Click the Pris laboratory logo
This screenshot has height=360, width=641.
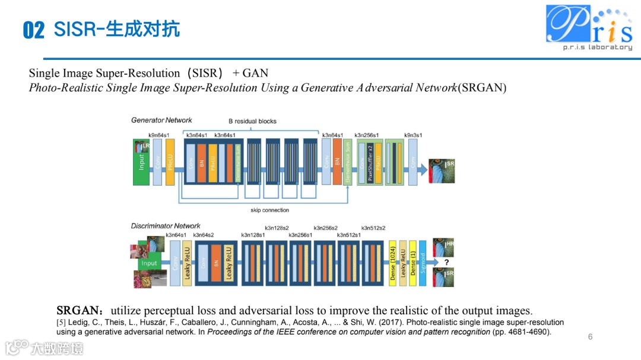(x=589, y=27)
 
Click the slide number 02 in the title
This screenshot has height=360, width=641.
(x=34, y=30)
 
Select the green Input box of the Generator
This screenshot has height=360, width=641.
(x=141, y=162)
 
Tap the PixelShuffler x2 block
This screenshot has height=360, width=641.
(x=370, y=162)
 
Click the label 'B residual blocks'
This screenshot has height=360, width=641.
(x=253, y=121)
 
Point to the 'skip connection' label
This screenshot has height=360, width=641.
(x=269, y=210)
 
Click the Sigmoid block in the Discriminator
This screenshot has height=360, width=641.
(x=423, y=263)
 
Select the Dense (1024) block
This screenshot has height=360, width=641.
(x=392, y=263)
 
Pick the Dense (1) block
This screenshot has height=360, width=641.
(x=413, y=263)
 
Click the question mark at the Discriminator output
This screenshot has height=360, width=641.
(x=446, y=262)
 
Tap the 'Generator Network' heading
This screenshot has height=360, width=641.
(x=161, y=120)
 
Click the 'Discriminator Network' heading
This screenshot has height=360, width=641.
(x=166, y=226)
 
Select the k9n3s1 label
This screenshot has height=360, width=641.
(x=413, y=135)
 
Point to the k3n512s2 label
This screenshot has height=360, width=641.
(x=373, y=228)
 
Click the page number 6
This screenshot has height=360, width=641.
(x=590, y=337)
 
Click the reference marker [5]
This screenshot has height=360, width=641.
(x=61, y=323)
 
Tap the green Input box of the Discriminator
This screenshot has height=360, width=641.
(x=149, y=263)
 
